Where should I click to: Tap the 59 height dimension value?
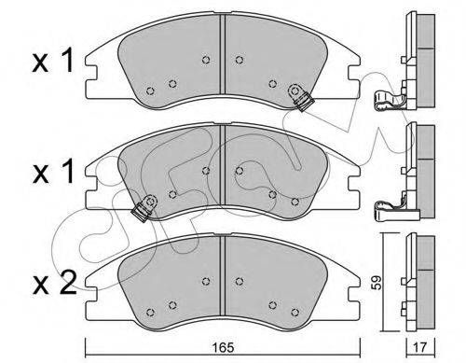click(377, 282)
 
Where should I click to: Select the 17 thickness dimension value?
click(421, 347)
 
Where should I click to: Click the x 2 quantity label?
click(54, 282)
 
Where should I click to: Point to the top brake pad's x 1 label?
click(53, 60)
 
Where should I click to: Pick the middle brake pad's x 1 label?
click(53, 171)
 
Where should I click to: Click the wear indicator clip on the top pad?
click(301, 97)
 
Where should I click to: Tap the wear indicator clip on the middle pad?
click(145, 208)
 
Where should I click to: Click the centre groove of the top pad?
click(222, 53)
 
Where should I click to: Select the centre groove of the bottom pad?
click(222, 275)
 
